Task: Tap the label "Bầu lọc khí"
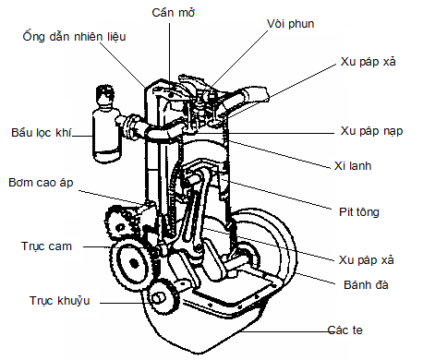tap(42, 131)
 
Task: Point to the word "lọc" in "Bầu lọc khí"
tap(42, 131)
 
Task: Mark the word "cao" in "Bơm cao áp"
tap(42, 184)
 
